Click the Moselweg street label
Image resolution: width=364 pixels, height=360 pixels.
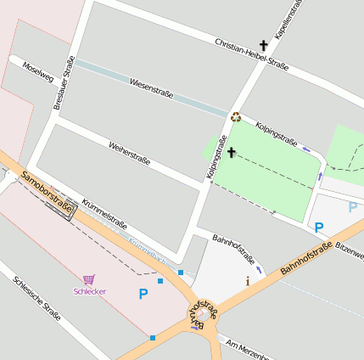[38, 72]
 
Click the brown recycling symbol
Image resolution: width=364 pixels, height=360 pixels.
[236, 117]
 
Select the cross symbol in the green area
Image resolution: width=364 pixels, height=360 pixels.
[230, 154]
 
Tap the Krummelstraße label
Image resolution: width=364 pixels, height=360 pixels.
[104, 213]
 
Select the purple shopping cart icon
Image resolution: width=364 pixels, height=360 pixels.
[88, 278]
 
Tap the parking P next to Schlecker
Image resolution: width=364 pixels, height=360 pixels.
[143, 294]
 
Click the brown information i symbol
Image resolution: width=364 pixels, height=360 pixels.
[247, 280]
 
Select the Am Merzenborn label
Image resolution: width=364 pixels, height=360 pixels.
[249, 348]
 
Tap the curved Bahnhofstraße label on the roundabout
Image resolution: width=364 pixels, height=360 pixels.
[201, 314]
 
